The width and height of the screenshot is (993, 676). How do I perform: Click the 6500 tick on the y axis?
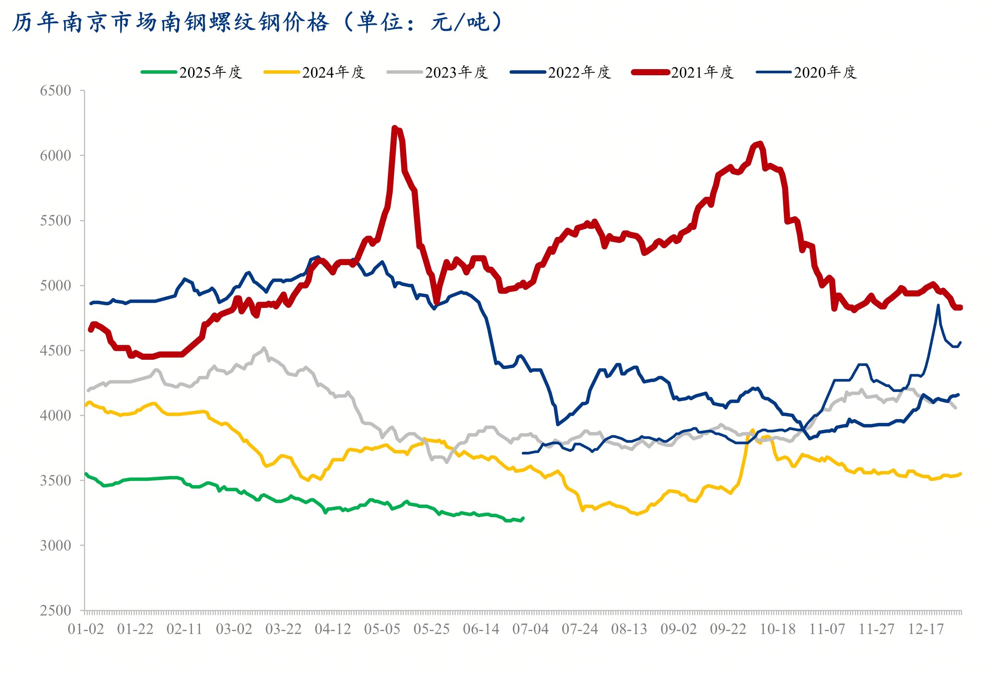[x=56, y=91]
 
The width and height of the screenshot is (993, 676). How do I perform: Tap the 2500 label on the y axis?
[x=56, y=611]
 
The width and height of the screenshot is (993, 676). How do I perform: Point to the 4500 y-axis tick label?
[x=56, y=351]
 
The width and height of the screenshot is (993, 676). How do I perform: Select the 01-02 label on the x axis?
[x=86, y=629]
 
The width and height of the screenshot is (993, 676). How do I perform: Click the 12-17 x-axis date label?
[x=926, y=629]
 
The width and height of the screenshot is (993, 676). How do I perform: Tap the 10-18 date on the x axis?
[x=778, y=629]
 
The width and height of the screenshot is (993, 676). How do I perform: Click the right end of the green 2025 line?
[x=523, y=518]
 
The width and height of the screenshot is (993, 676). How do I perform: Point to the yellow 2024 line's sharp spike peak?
[x=753, y=430]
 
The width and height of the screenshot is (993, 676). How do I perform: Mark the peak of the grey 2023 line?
[x=264, y=348]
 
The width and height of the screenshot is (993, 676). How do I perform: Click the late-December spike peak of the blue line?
[x=938, y=305]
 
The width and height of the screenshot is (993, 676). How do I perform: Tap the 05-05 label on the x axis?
[x=382, y=629]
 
